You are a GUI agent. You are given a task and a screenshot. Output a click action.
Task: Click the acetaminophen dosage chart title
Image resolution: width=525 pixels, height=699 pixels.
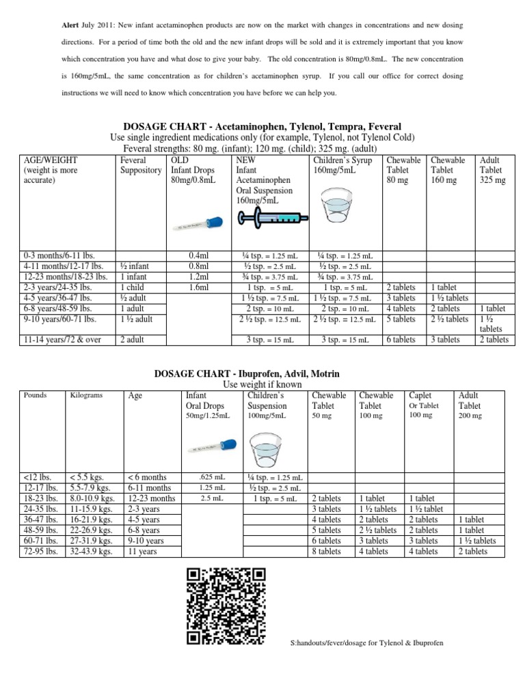(x=262, y=126)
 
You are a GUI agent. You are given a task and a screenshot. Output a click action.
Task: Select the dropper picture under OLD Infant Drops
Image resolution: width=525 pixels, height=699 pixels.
(x=198, y=225)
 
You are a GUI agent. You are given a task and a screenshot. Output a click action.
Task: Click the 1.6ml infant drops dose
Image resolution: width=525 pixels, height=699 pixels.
(x=198, y=288)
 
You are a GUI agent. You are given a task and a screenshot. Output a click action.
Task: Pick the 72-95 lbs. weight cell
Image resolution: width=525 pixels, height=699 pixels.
(x=41, y=552)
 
